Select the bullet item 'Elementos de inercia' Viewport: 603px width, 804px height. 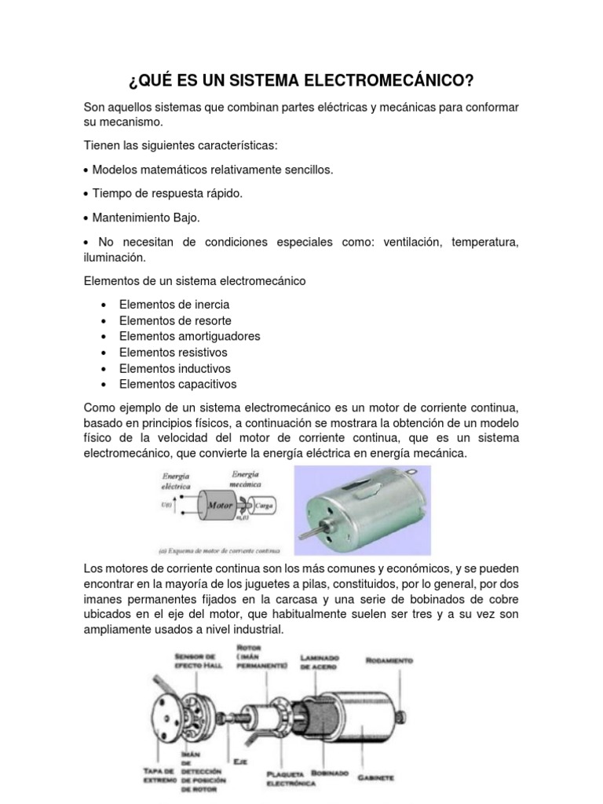[174, 304]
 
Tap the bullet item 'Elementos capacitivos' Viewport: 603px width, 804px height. [177, 384]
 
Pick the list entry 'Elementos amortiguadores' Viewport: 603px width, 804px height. [189, 336]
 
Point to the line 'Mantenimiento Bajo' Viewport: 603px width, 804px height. [147, 217]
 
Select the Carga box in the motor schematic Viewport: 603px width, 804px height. [264, 506]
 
